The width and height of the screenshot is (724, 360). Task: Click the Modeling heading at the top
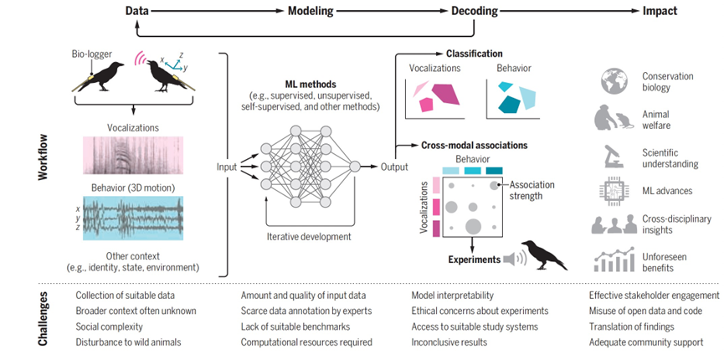click(x=311, y=11)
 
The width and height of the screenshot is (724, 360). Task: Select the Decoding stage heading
click(x=475, y=11)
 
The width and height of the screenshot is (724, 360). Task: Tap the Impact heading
click(x=660, y=11)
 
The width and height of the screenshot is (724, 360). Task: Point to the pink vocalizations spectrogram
click(x=133, y=155)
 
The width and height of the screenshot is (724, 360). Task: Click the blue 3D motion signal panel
click(x=133, y=219)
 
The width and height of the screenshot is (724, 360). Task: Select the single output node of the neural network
click(x=355, y=167)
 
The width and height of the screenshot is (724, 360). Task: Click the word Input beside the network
click(x=227, y=167)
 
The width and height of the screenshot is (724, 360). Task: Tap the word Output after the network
click(x=394, y=167)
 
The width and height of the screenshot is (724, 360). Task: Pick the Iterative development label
click(x=309, y=237)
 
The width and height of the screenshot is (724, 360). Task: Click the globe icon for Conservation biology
click(x=614, y=81)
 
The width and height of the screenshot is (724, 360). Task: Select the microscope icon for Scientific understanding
click(x=614, y=157)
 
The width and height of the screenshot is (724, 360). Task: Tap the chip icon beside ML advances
click(x=614, y=191)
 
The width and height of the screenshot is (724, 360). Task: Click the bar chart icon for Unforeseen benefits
click(x=614, y=260)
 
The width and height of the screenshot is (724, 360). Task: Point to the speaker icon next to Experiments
click(x=515, y=260)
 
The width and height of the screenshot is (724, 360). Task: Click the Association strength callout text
click(x=531, y=190)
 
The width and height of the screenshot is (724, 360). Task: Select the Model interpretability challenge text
click(x=452, y=296)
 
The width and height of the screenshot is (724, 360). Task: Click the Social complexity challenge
click(x=109, y=327)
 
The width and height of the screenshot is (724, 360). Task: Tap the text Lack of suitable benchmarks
click(x=295, y=327)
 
